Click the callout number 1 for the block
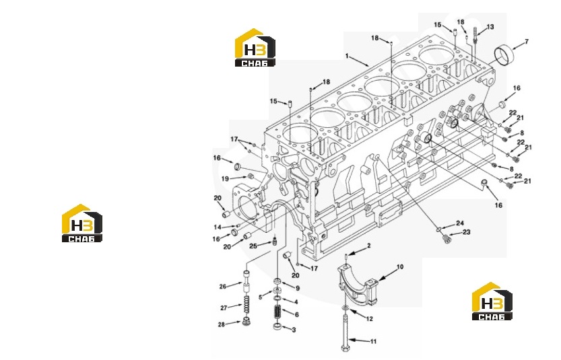347,56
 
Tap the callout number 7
526,42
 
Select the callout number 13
490,27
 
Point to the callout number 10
400,266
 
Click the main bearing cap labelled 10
358,284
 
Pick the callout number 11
373,341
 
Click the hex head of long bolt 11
345,347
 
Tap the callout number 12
370,318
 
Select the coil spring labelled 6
277,312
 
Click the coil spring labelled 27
247,305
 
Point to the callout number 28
222,324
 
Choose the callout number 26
223,287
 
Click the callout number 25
253,246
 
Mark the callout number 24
460,223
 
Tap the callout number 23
467,232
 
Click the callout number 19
225,179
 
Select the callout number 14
218,227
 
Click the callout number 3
294,330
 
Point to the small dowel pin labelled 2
346,258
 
